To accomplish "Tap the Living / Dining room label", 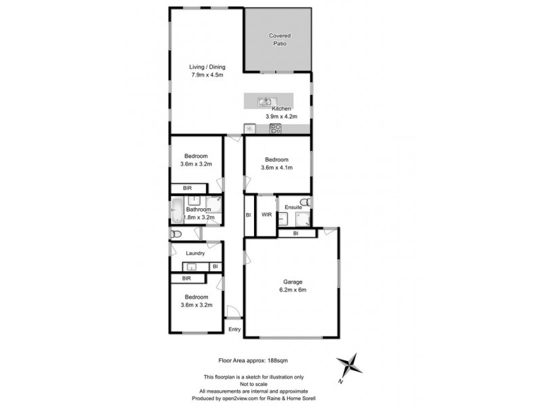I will coord(207,67).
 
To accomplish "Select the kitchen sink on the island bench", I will coord(264,102).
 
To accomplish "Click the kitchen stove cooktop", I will coord(276,128).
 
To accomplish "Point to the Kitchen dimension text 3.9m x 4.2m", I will coord(281,117).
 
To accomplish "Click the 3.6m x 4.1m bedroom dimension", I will coord(278,168).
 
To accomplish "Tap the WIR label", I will coord(266,214).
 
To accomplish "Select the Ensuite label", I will coord(293,207).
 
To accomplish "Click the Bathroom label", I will coord(203,210).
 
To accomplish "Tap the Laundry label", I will coord(196,254).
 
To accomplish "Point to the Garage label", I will coord(293,282).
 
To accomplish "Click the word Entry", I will coord(234,330).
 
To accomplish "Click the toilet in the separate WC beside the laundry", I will coord(177,234).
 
